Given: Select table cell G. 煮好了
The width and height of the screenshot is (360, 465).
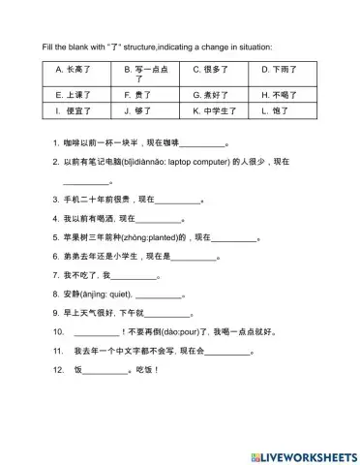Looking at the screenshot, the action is (216, 96).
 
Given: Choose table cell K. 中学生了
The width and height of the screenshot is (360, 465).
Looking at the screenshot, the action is (216, 111).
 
